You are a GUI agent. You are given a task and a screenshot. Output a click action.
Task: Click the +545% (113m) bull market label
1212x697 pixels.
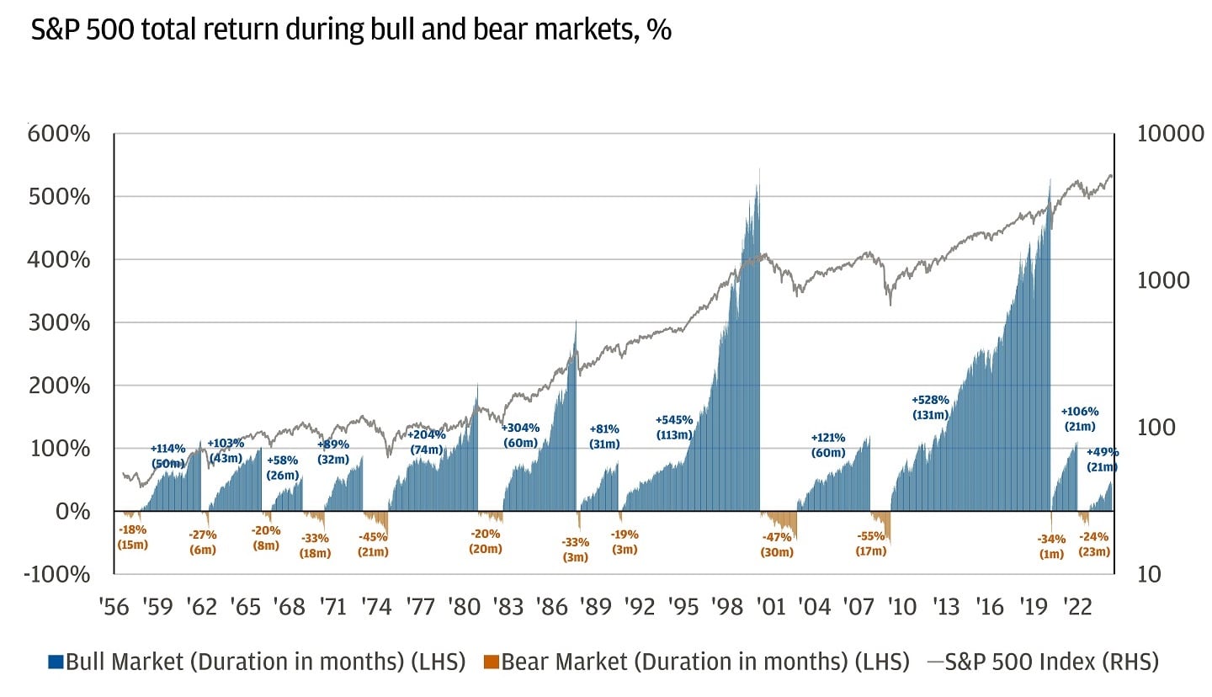click(674, 427)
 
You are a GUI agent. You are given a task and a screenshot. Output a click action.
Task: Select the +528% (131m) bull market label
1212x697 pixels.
click(930, 407)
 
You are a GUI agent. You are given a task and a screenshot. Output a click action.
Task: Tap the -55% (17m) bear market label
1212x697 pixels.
click(871, 544)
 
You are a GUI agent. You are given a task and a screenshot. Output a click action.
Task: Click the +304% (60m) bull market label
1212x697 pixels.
click(521, 434)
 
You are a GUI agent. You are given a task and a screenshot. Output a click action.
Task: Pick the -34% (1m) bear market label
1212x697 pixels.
click(1052, 546)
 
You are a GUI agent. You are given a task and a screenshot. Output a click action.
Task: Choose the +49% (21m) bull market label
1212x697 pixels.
click(1102, 460)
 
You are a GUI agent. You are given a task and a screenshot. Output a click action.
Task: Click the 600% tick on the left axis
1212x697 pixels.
click(59, 134)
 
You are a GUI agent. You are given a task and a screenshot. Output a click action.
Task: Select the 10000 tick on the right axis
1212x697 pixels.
click(1169, 134)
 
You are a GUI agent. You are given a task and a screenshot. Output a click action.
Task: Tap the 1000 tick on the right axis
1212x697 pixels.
click(1163, 280)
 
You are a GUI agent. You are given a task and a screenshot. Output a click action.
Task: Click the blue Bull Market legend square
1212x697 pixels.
click(55, 662)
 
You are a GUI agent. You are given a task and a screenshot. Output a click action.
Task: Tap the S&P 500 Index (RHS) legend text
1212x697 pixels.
click(1051, 662)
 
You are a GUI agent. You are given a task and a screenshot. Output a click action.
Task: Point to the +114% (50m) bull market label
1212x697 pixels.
click(167, 455)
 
